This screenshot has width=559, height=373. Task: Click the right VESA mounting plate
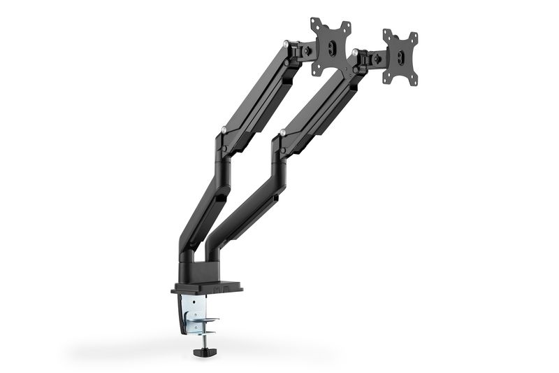click(x=400, y=58)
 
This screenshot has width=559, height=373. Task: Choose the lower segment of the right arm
click(x=245, y=203)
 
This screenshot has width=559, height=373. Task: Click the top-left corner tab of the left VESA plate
click(x=314, y=22)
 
